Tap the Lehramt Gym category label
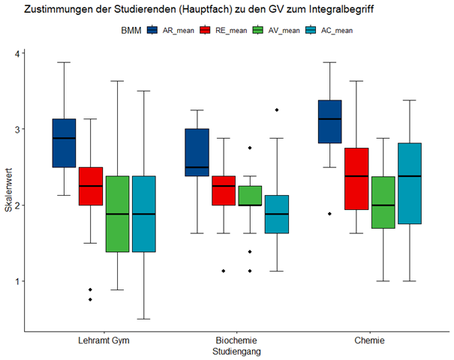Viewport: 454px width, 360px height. (x=104, y=340)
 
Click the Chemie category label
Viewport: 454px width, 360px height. (x=370, y=340)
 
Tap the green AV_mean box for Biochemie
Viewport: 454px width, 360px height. (x=251, y=195)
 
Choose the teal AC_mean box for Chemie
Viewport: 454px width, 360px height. (x=410, y=184)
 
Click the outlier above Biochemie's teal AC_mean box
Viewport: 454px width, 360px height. (x=277, y=110)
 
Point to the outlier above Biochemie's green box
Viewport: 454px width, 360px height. (x=251, y=148)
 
